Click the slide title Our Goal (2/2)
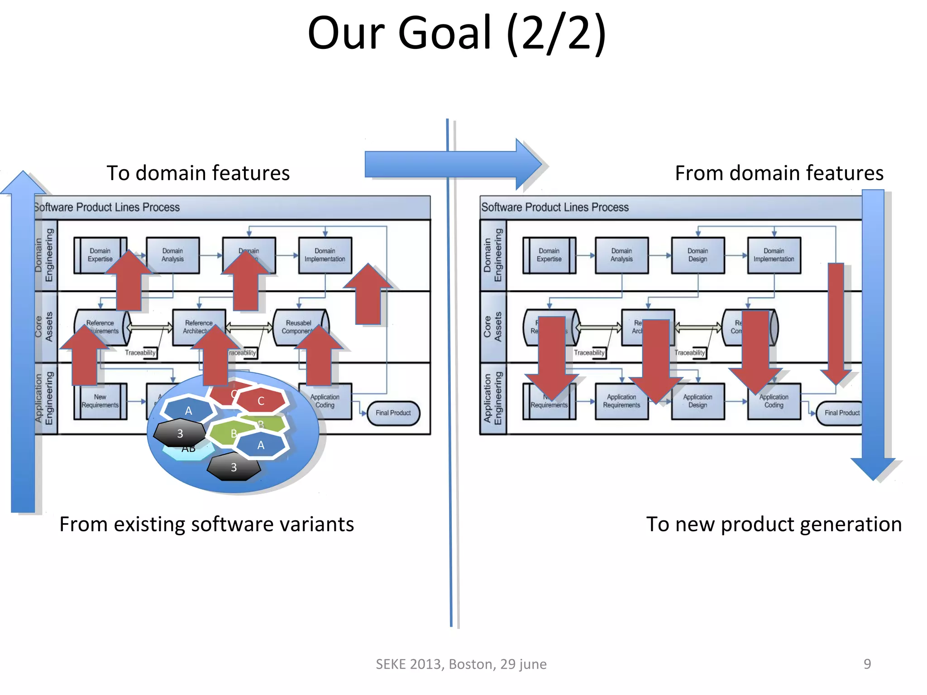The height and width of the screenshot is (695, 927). point(456,34)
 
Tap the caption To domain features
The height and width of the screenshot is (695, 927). point(198,173)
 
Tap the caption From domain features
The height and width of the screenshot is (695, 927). point(779,173)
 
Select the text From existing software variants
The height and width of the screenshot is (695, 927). point(206,524)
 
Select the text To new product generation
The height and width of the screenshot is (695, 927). point(774,524)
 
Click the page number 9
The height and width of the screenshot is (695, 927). point(867,664)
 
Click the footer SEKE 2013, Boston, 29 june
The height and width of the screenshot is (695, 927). point(461,664)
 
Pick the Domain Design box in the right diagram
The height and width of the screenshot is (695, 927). point(698,255)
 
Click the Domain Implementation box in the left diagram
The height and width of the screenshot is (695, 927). point(325,255)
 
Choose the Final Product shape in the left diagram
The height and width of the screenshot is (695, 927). point(393,413)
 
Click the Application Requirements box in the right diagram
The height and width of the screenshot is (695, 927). point(621,401)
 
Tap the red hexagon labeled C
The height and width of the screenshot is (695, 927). point(261,401)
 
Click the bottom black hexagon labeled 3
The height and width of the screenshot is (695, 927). point(234,467)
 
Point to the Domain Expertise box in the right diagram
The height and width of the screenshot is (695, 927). point(549,255)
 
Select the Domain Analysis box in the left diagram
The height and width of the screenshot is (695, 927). point(172,255)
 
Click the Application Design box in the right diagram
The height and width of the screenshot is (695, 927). point(698,401)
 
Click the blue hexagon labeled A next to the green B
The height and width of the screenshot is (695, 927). point(261,445)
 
